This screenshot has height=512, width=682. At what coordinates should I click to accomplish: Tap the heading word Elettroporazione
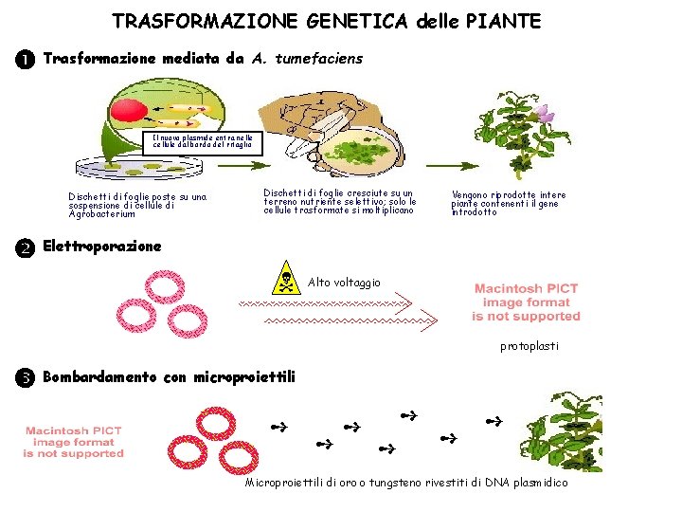[x=102, y=247]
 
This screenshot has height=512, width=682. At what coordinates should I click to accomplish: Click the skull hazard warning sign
[x=285, y=282]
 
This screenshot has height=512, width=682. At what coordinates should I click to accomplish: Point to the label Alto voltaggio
[x=345, y=283]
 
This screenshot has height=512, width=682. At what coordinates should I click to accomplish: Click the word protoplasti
[x=529, y=346]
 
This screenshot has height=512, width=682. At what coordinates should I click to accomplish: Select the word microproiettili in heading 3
[x=243, y=377]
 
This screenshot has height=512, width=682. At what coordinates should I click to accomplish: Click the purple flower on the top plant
[x=546, y=114]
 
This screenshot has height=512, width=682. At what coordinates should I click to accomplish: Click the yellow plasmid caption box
[x=203, y=141]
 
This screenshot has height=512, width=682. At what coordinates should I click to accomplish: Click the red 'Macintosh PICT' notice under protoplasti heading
[x=527, y=302]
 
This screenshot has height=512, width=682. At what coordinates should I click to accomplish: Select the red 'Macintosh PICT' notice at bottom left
[x=75, y=442]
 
